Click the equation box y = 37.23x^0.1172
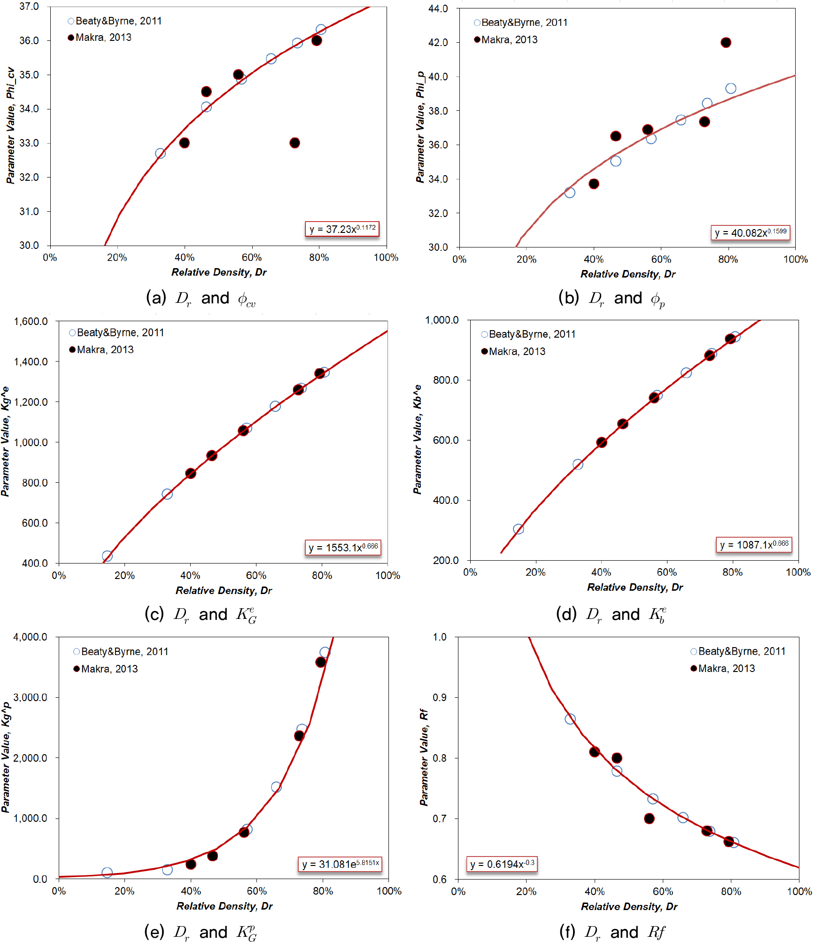[x=342, y=229]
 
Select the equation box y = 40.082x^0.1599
[x=750, y=232]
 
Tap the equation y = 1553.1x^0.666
[x=343, y=547]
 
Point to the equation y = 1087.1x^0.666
[x=754, y=544]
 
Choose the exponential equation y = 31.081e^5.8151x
[x=340, y=864]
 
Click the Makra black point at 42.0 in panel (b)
[x=726, y=43]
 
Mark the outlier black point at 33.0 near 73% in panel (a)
[x=295, y=143]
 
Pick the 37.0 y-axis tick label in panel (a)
[x=29, y=7]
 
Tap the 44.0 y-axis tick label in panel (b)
[x=438, y=8]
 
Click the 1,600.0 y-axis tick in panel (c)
[x=31, y=321]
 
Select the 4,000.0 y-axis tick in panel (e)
[x=31, y=637]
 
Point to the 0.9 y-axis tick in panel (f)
[x=440, y=697]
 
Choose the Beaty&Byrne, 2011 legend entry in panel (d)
[x=528, y=334]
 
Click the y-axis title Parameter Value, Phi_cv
[x=10, y=125]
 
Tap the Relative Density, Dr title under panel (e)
[x=224, y=906]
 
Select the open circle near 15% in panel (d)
[x=518, y=529]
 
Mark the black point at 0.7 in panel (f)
[x=649, y=818]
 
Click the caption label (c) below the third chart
[x=154, y=614]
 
